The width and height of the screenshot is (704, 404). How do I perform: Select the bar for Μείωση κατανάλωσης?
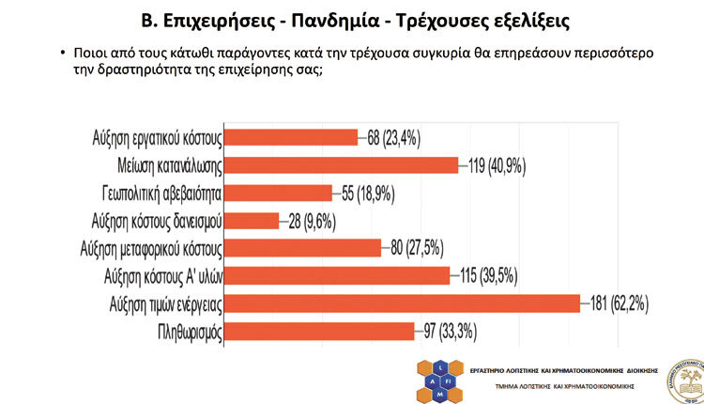(x=343, y=164)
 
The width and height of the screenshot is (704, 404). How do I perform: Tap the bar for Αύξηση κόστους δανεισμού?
(x=253, y=220)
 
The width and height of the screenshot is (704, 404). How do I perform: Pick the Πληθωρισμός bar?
(x=320, y=331)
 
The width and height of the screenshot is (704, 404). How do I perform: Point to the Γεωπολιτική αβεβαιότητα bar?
(x=280, y=193)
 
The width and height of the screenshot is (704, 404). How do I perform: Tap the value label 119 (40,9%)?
(x=497, y=164)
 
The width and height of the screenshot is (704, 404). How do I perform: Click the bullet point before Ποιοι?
(x=62, y=54)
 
